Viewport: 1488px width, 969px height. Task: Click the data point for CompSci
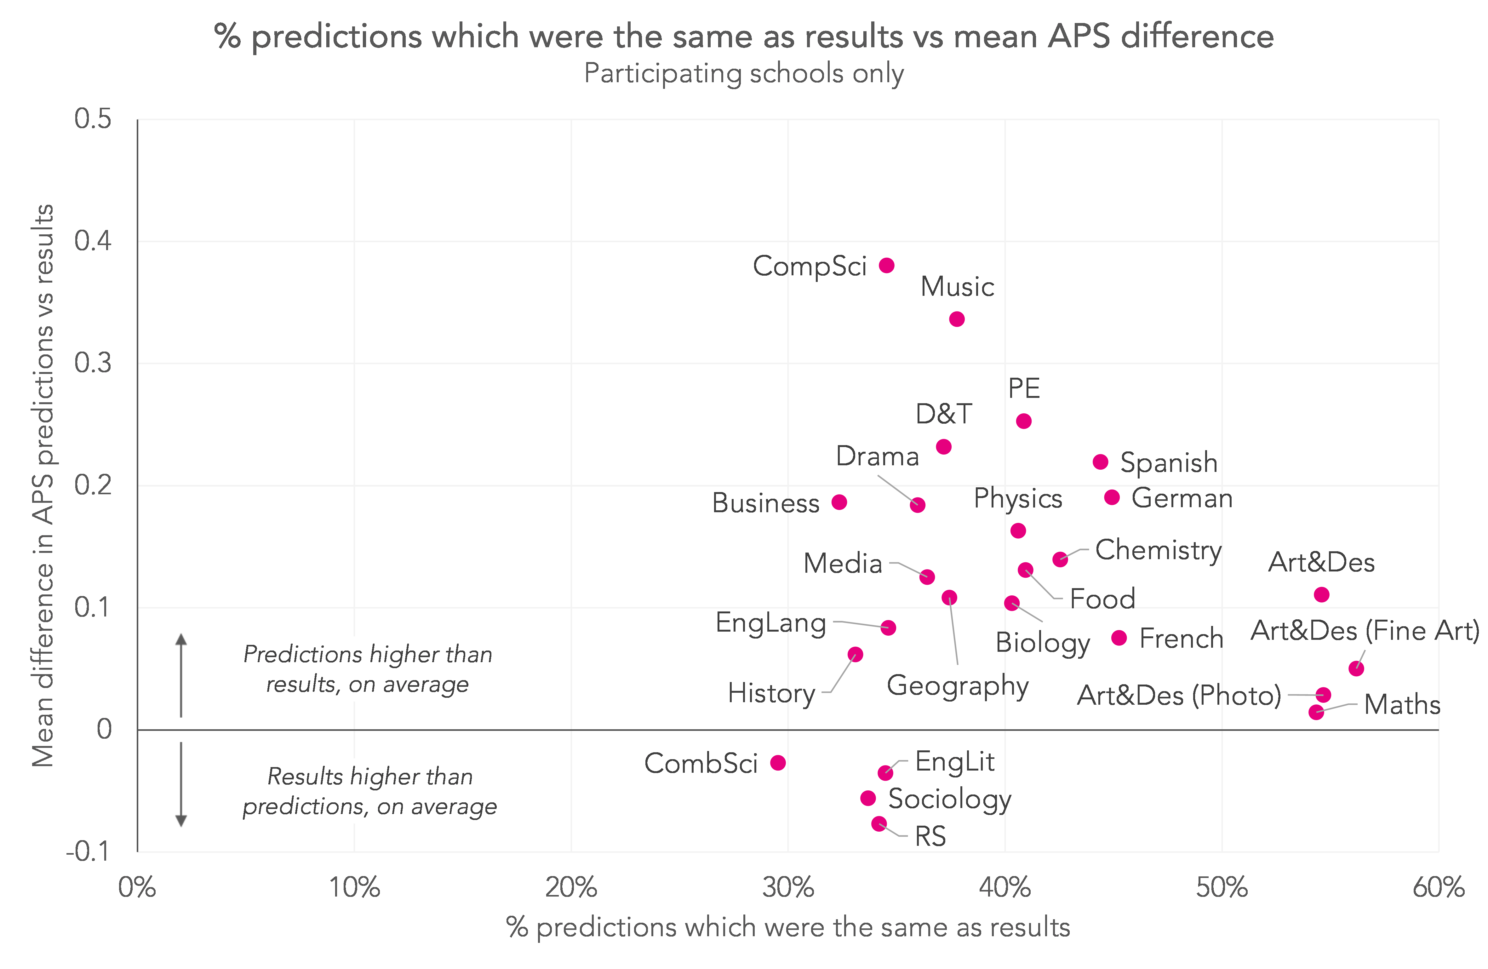(887, 266)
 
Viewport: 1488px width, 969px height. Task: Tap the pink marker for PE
(1023, 421)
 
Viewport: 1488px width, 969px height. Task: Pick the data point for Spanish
(1100, 462)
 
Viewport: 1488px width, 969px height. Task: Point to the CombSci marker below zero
(778, 763)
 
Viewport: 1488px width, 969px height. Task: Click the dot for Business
(839, 502)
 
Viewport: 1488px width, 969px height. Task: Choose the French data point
(1119, 638)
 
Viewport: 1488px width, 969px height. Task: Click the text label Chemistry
(1158, 550)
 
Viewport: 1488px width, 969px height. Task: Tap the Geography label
(957, 686)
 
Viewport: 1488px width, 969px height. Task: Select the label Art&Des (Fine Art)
(1365, 631)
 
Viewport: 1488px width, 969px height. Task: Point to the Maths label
(1402, 705)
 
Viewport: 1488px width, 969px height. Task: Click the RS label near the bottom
(930, 836)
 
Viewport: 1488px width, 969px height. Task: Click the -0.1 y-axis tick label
(88, 851)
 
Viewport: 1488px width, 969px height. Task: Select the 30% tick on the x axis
(788, 888)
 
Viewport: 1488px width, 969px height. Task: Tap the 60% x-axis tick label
(1438, 888)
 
